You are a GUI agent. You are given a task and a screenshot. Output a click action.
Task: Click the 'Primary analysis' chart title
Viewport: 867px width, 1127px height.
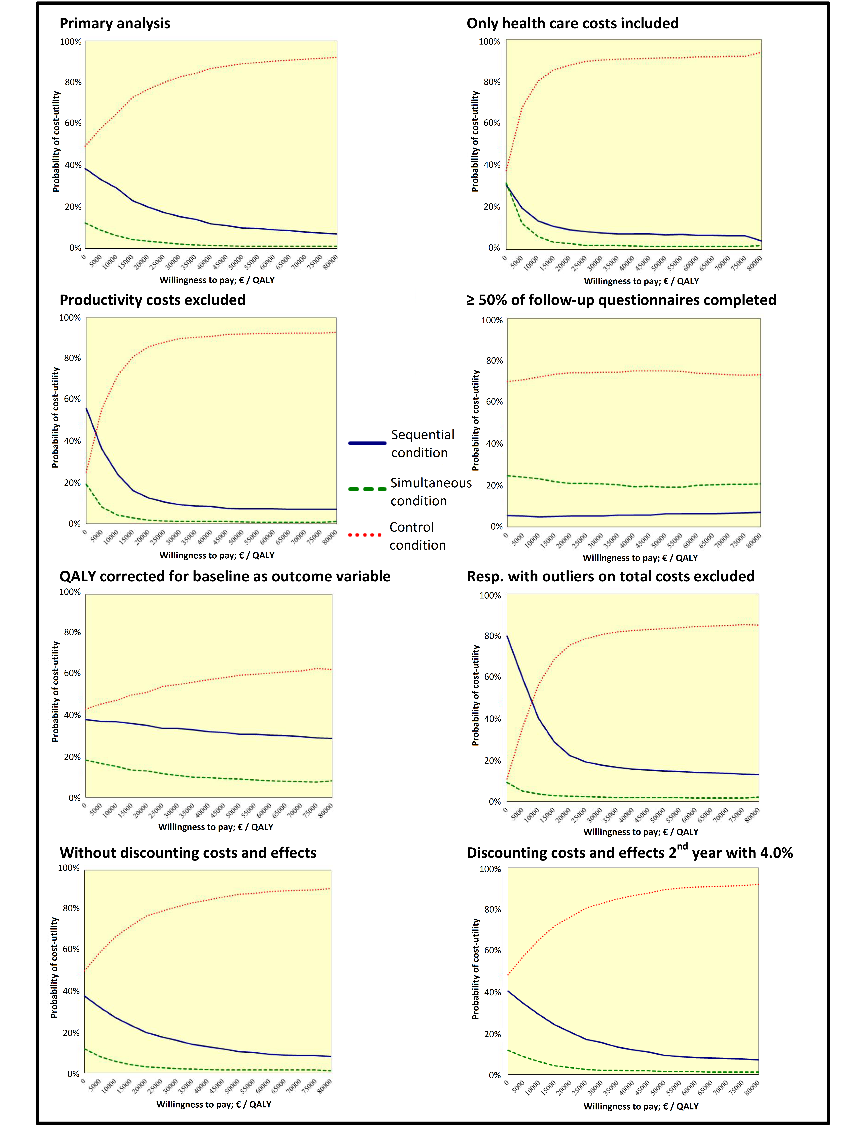pyautogui.click(x=115, y=24)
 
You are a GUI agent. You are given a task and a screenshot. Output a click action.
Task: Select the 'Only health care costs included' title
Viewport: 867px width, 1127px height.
pyautogui.click(x=572, y=24)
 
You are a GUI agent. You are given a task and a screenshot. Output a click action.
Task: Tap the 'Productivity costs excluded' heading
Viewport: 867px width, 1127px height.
pyautogui.click(x=152, y=300)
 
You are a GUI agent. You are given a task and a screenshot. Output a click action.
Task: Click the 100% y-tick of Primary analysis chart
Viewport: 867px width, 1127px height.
pyautogui.click(x=71, y=42)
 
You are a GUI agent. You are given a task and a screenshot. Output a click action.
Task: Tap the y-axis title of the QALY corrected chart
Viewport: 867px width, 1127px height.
pyautogui.click(x=56, y=692)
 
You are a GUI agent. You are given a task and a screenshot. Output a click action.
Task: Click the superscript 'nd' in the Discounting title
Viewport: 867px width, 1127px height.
pyautogui.click(x=682, y=846)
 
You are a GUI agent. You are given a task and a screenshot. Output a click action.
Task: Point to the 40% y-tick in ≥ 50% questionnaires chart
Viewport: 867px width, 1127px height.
pyautogui.click(x=494, y=444)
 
